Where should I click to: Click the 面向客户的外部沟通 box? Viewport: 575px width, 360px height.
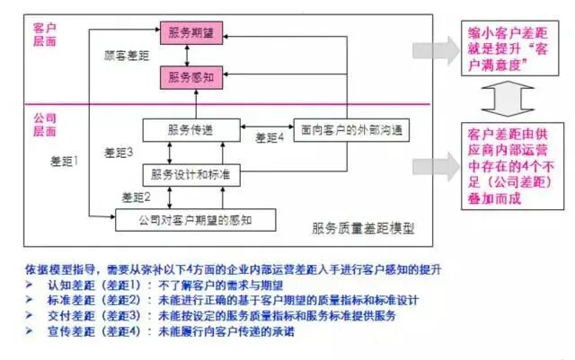click(x=345, y=129)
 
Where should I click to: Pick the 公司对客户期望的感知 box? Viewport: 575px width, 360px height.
click(x=194, y=218)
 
